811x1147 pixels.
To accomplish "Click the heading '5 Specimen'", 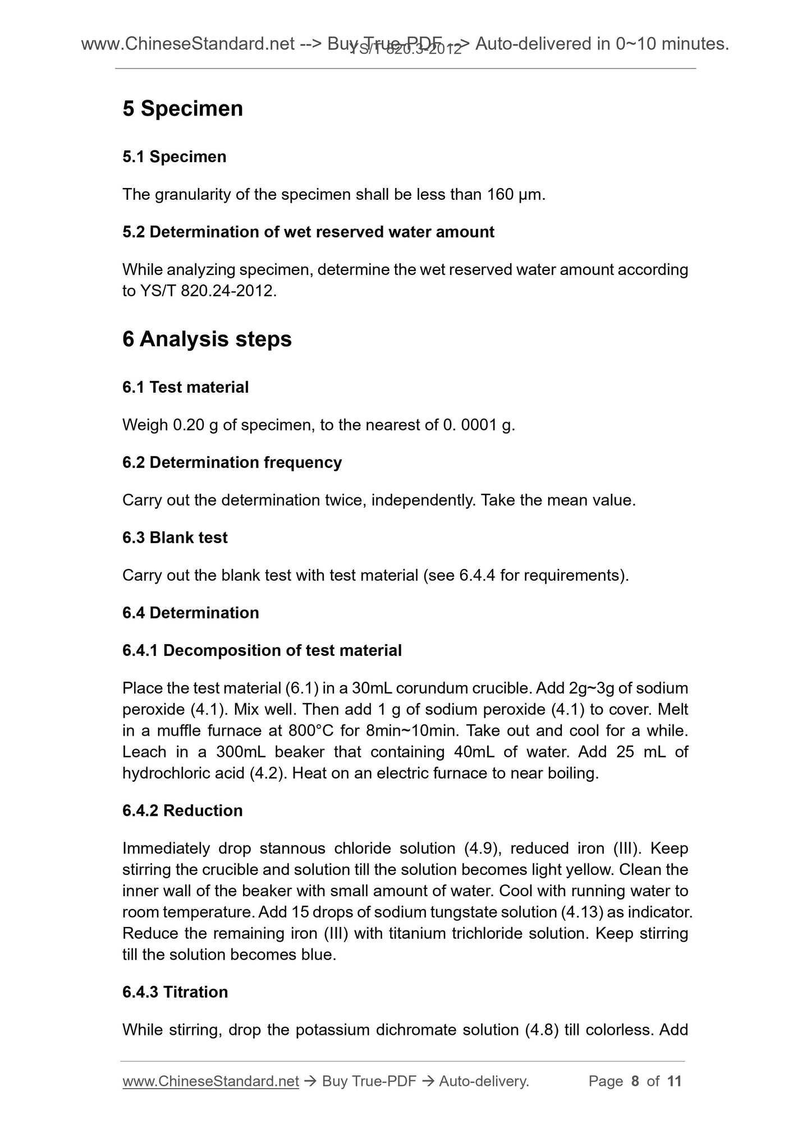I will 182,108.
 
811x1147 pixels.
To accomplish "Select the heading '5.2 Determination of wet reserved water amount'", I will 308,232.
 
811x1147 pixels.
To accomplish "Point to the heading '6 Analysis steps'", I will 207,339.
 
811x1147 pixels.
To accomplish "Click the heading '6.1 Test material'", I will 185,387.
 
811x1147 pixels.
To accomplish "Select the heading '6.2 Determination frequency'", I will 232,462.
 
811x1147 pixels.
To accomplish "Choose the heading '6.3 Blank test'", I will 175,538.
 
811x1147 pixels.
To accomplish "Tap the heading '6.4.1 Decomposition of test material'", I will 262,650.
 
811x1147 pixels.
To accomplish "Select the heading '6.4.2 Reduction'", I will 182,810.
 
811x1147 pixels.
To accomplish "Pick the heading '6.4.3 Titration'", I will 175,992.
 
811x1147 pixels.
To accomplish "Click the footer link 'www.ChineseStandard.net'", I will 210,1081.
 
